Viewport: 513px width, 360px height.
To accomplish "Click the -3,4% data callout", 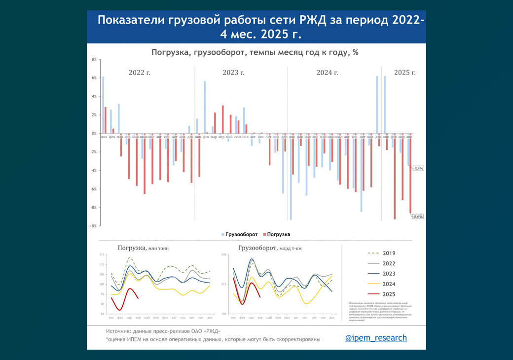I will tap(418, 169).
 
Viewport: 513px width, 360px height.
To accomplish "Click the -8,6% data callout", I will tap(418, 216).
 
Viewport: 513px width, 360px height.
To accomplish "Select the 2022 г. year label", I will tap(140, 72).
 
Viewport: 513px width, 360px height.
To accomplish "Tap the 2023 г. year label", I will tap(233, 72).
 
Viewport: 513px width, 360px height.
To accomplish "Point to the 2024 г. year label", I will tap(327, 72).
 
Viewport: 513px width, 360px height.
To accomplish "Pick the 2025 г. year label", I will tap(405, 72).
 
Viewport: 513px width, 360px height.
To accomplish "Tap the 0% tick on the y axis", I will tap(94, 134).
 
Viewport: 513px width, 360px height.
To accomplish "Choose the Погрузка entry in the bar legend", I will tap(278, 234).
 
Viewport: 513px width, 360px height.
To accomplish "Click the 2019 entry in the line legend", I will tap(389, 253).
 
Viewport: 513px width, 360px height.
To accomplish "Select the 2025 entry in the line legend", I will tap(389, 294).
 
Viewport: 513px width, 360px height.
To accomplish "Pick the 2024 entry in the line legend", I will tap(389, 284).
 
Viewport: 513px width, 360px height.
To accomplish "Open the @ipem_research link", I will tap(376, 338).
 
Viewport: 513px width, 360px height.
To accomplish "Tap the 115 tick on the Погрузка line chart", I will tap(102, 254).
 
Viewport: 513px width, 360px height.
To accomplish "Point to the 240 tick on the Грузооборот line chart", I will tap(223, 254).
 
